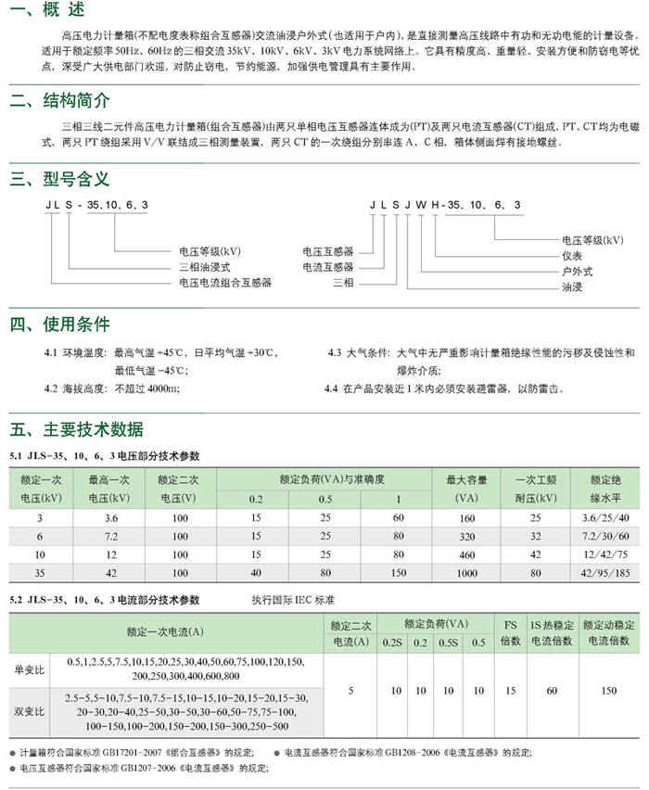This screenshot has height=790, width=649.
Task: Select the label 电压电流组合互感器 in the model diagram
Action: pyautogui.click(x=225, y=282)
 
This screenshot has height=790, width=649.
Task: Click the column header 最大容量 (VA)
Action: pyautogui.click(x=466, y=488)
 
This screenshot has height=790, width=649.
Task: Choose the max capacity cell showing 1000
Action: pyautogui.click(x=466, y=573)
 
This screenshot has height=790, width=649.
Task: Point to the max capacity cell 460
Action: pyautogui.click(x=466, y=554)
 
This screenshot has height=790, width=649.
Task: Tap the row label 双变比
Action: pyautogui.click(x=31, y=712)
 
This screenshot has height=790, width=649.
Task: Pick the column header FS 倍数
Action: pyautogui.click(x=511, y=631)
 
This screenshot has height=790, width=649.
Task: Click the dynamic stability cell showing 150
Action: pyautogui.click(x=608, y=691)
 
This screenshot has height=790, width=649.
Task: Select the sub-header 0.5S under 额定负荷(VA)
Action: pyautogui.click(x=450, y=642)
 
